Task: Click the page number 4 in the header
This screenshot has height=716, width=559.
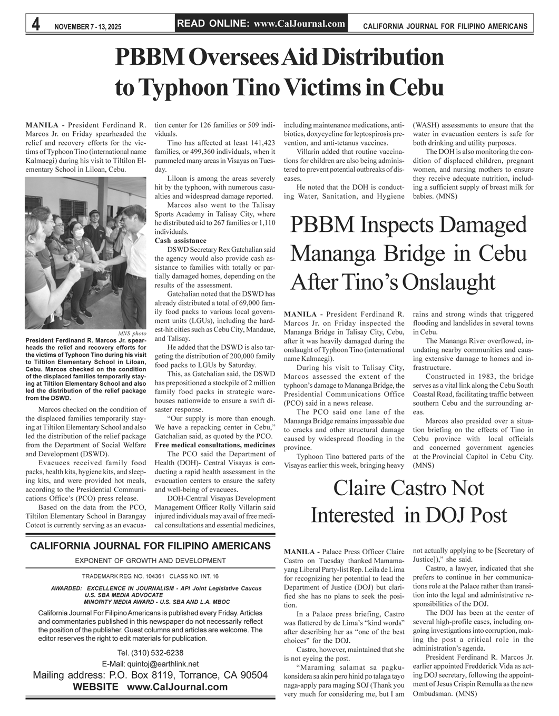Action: tap(36, 24)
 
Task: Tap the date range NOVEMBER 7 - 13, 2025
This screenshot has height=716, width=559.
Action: tap(87, 26)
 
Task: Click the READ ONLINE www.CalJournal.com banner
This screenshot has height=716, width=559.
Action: tap(261, 23)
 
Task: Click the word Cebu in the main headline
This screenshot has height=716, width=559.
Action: tap(416, 87)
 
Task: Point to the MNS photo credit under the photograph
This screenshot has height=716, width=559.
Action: tap(132, 334)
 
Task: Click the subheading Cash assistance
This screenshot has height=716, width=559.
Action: tap(177, 241)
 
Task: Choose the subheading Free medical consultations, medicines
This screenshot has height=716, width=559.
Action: tap(214, 445)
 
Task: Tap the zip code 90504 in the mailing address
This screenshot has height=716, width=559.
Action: tap(253, 675)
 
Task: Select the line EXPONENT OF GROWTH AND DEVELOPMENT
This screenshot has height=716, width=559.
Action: tap(150, 561)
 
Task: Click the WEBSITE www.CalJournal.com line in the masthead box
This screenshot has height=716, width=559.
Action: tap(150, 687)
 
